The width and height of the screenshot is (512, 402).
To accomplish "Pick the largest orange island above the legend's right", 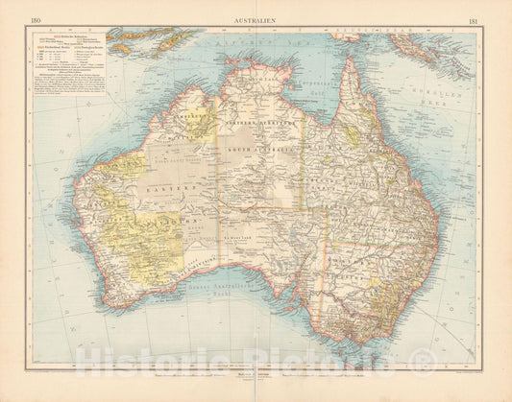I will click(x=144, y=41).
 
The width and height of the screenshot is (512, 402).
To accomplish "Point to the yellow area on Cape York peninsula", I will click(x=354, y=134).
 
